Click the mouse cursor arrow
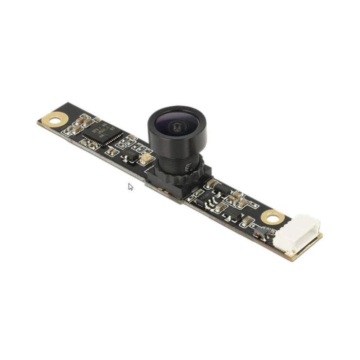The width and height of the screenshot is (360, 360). coord(130,186)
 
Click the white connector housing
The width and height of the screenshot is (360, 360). coord(298,233)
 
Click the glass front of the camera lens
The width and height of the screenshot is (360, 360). coord(176,125)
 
